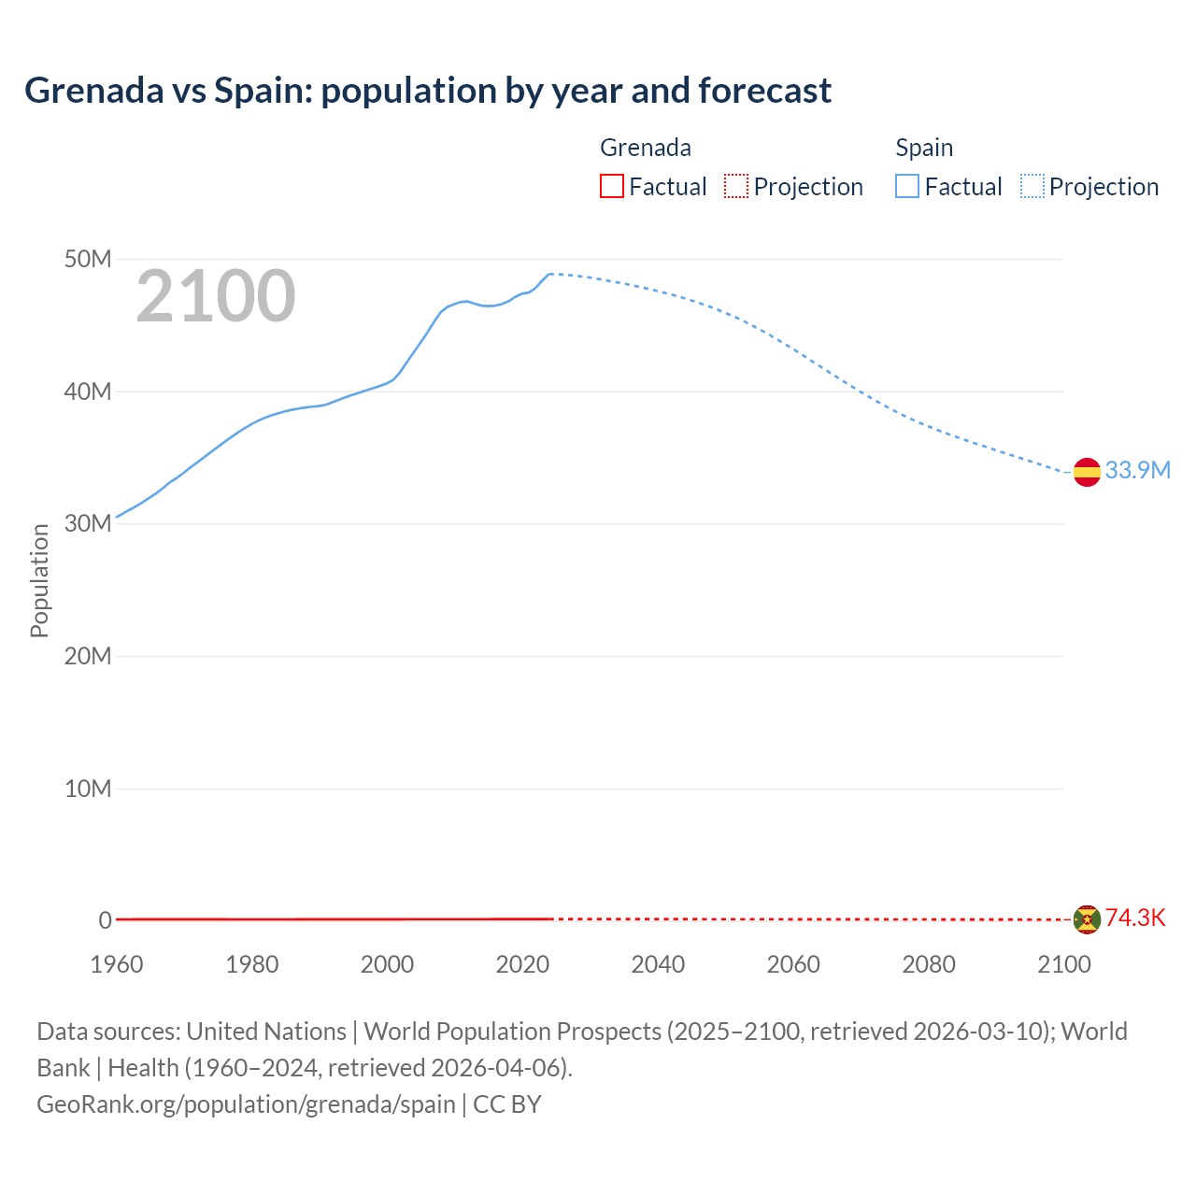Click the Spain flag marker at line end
point(1086,472)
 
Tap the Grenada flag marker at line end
point(1086,919)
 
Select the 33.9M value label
point(1137,470)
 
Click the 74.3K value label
point(1135,918)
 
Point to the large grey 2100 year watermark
point(216,296)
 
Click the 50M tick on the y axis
point(88,259)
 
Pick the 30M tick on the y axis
point(88,523)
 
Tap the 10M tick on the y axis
point(88,789)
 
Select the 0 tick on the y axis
point(105,920)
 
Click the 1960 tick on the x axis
point(117,964)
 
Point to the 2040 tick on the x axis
point(658,964)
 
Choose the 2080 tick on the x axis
point(929,964)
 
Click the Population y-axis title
point(39,580)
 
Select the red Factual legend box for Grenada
point(611,187)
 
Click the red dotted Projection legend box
point(736,187)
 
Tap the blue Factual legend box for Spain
point(907,187)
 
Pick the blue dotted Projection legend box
point(1032,187)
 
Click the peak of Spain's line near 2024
point(550,274)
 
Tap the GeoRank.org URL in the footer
point(246,1103)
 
